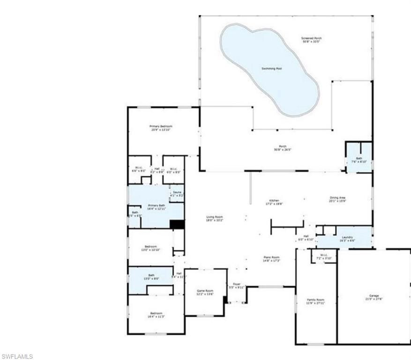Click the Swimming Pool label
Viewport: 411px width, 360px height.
tap(272, 68)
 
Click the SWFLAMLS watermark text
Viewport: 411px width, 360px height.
tap(17, 356)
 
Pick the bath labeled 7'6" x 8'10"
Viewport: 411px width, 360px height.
tap(359, 160)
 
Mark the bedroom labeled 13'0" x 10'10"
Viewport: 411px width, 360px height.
tap(151, 248)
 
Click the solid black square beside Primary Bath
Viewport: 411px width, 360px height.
tap(177, 224)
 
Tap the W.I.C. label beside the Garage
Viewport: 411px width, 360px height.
tap(322, 256)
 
